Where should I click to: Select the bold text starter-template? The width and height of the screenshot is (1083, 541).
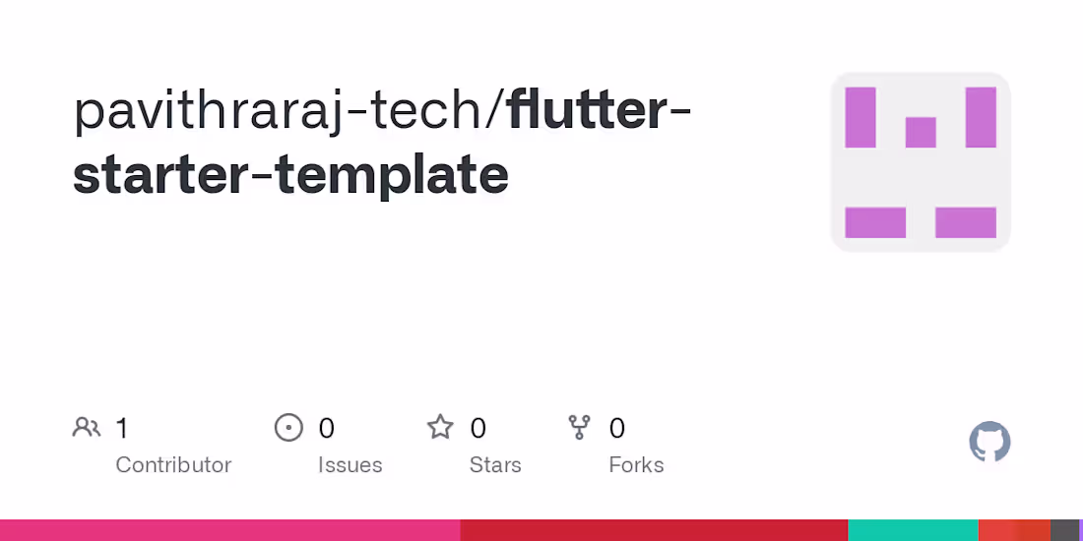(x=290, y=175)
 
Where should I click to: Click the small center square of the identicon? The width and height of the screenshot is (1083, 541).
(x=921, y=132)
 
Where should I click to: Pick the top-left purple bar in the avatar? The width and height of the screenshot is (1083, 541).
(x=860, y=117)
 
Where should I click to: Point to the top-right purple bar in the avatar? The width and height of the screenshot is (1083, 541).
(x=981, y=117)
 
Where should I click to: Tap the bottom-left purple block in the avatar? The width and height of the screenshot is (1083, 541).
(x=875, y=222)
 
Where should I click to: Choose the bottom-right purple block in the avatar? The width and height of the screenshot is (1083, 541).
(x=966, y=222)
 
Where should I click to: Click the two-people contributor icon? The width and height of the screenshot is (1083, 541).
(x=87, y=428)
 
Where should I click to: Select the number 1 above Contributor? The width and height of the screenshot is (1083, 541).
(x=122, y=428)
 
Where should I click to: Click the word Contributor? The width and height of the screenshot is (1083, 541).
(x=173, y=464)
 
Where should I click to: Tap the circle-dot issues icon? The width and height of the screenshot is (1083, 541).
(x=288, y=428)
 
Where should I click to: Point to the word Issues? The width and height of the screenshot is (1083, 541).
(x=350, y=464)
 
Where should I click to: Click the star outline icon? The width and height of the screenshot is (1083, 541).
(x=440, y=427)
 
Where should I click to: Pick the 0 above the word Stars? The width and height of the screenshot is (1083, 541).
(x=478, y=428)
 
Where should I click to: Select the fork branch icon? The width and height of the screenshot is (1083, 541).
(x=580, y=428)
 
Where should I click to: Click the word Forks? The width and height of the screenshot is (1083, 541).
(x=636, y=464)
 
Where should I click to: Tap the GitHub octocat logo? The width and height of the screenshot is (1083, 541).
(x=989, y=443)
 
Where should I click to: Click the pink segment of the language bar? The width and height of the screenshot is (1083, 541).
(x=229, y=530)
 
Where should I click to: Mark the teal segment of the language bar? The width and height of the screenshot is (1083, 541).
(x=913, y=530)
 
